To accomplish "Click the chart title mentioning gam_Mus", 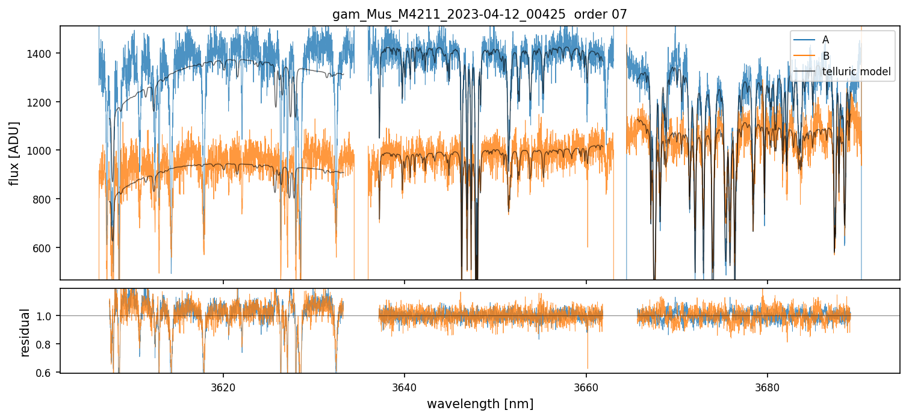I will point(479,14).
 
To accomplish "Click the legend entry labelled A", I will point(825,40).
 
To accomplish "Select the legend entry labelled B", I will point(825,56).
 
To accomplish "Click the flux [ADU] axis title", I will point(14,153).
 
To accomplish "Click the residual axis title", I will point(25,332).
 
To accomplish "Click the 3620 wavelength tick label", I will point(223,386).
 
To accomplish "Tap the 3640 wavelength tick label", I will point(405,386).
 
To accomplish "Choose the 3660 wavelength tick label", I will point(586,386).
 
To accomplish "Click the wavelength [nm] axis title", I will point(480,404).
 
